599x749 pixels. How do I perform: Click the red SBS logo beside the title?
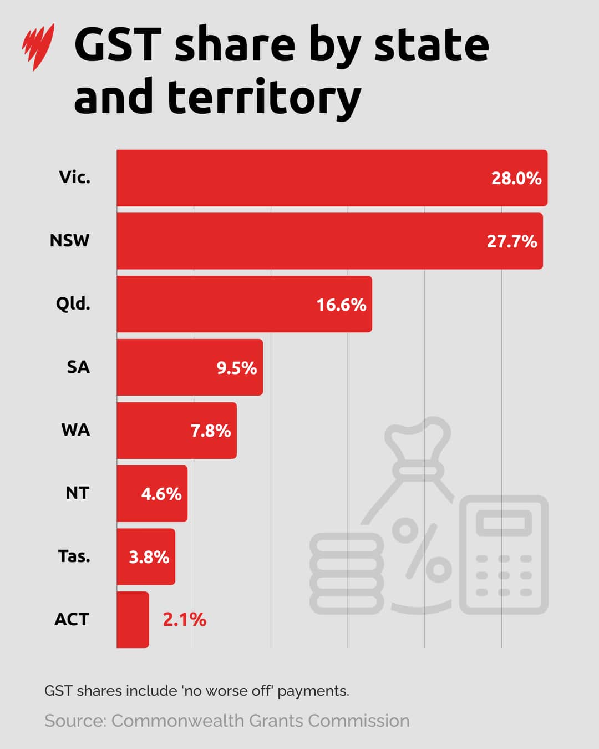pos(38,47)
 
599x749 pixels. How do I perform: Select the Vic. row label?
pos(74,178)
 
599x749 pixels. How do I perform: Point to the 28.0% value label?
pos(516,178)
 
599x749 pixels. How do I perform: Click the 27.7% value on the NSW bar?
pos(511,241)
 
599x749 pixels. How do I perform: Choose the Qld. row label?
pos(73,304)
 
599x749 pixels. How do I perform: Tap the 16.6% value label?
pos(341,305)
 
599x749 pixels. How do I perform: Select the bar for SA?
pos(189,367)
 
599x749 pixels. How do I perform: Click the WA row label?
pos(75,430)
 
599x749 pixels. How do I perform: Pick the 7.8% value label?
pos(210,431)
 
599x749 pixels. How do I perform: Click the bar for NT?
pos(151,493)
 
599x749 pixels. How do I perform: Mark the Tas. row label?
pos(74,556)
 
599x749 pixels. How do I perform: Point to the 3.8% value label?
pos(149,557)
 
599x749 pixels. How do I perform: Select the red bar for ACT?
pos(133,619)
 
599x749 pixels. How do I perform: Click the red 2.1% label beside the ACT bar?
pos(184,619)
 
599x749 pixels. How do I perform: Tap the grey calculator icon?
pos(504,555)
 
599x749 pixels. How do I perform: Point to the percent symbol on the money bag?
pos(422,549)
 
